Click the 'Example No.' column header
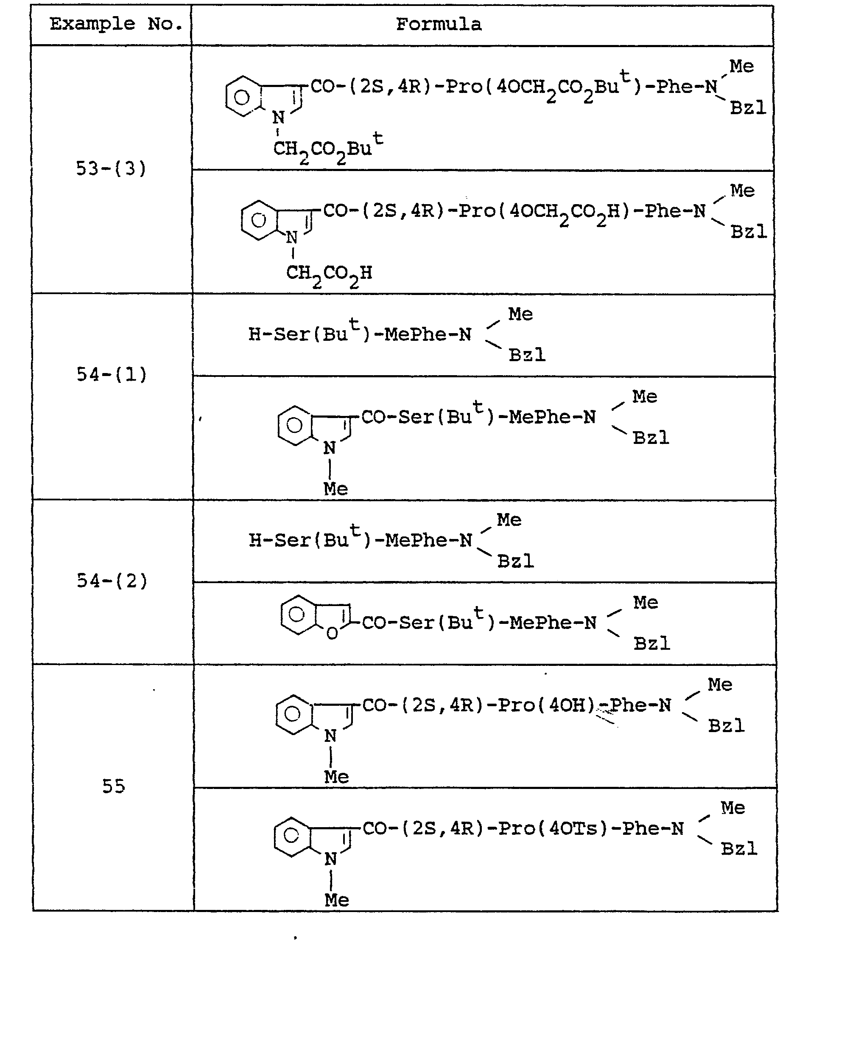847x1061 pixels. point(116,24)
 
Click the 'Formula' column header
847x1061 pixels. point(439,24)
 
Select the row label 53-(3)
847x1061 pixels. point(111,169)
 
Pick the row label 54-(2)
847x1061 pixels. point(112,581)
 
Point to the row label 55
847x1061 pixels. point(114,786)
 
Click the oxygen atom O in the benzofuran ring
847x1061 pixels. point(332,633)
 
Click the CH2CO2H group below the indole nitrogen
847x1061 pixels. point(329,275)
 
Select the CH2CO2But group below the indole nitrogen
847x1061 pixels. point(328,147)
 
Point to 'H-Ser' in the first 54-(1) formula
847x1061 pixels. point(279,334)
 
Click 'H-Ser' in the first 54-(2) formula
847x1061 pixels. point(280,540)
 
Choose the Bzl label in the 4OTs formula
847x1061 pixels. point(739,849)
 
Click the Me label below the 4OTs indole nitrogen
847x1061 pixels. point(336,900)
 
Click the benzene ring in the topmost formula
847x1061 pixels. point(242,96)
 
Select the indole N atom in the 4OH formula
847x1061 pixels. point(330,736)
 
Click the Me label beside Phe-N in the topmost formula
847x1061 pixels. point(742,66)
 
